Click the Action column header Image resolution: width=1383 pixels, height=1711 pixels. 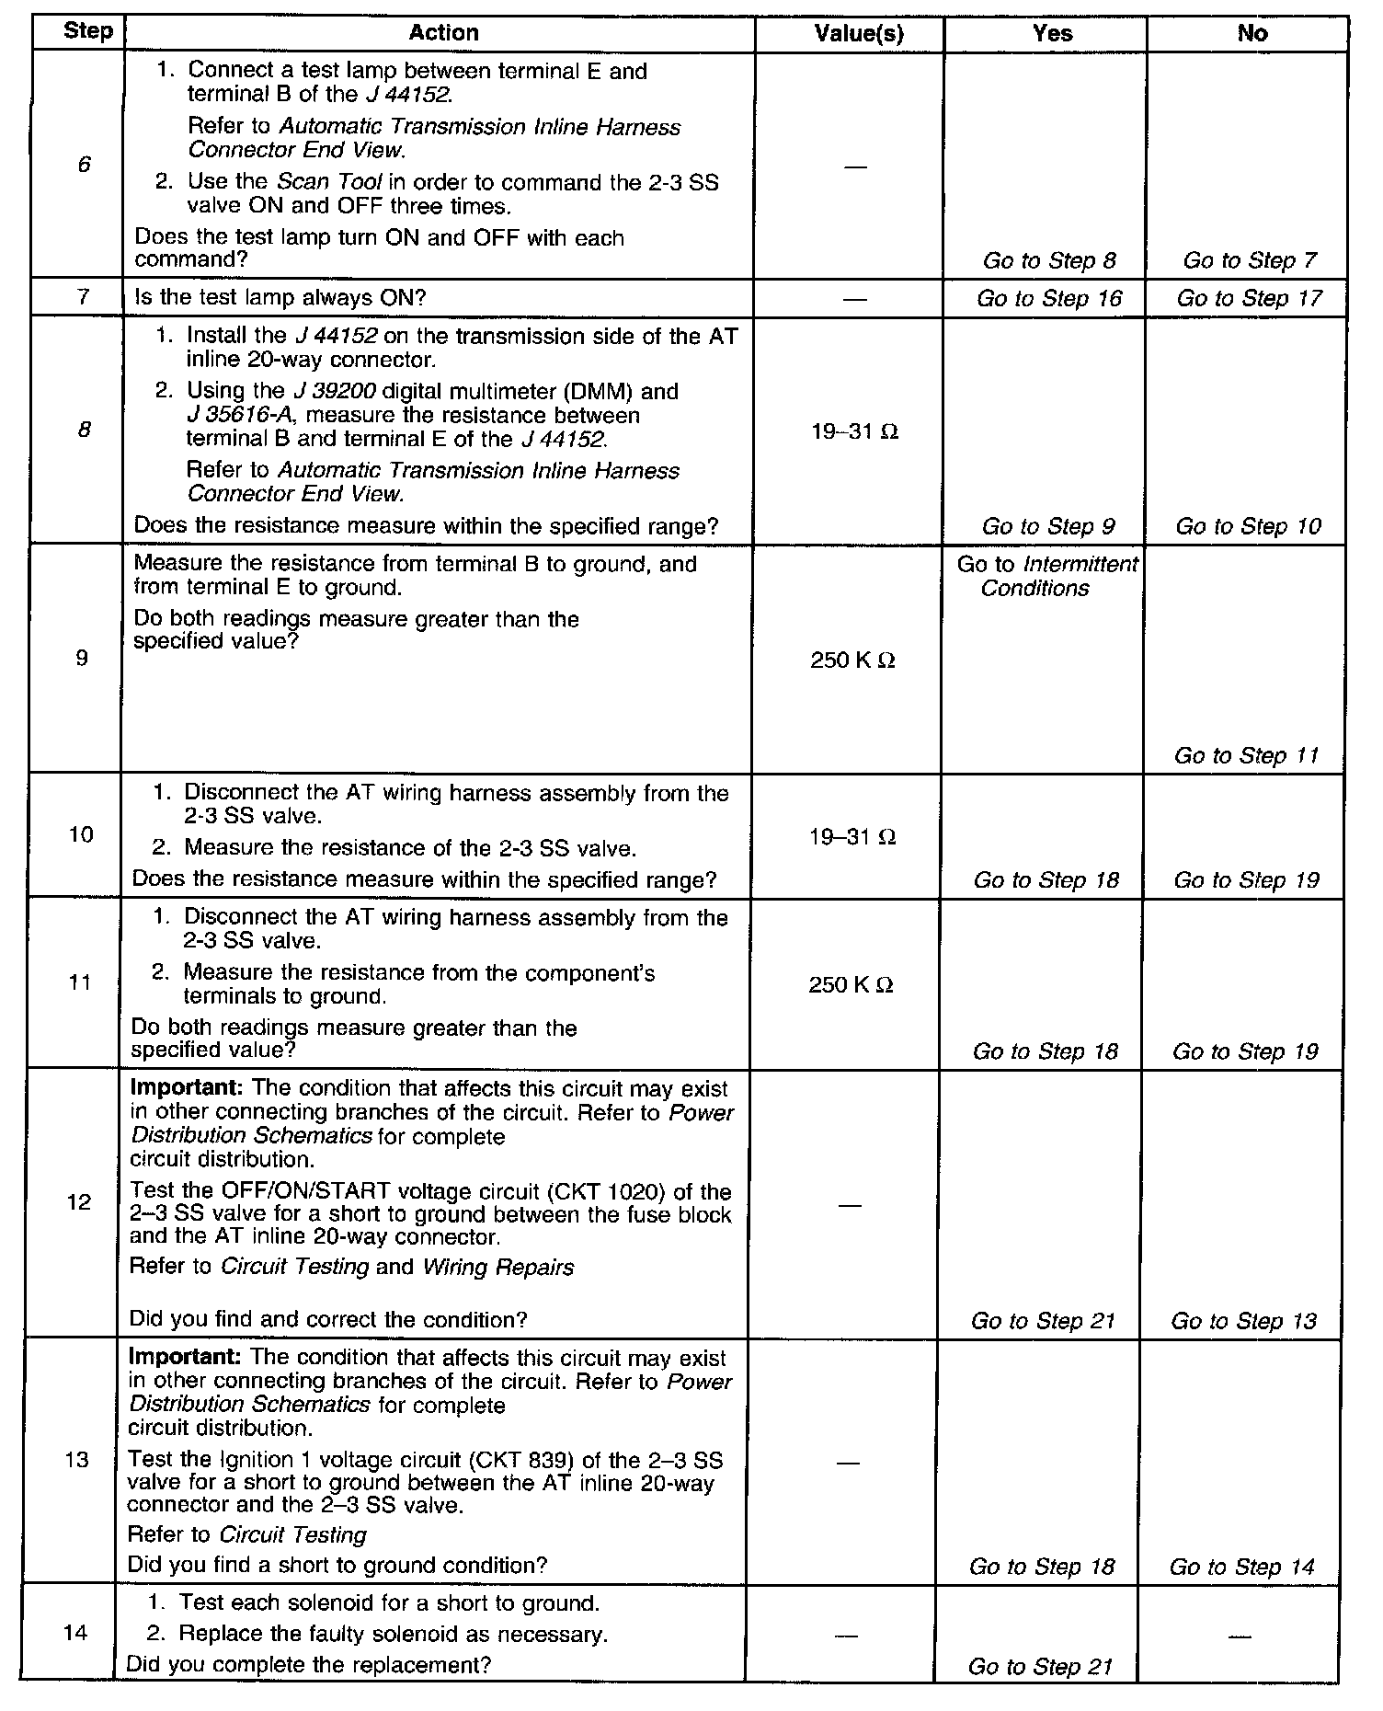443,33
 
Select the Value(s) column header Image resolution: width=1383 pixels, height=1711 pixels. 859,34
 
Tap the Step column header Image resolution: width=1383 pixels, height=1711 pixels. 87,31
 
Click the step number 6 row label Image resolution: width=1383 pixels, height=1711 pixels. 84,166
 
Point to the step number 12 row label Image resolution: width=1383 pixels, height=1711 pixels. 80,1202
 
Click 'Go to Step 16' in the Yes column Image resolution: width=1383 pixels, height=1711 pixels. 1049,298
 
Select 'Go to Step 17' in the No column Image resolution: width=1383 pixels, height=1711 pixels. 1249,298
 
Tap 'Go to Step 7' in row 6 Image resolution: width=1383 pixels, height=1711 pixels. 1250,260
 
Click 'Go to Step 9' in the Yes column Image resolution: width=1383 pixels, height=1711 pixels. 1048,526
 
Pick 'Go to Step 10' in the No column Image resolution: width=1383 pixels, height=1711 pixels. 1248,526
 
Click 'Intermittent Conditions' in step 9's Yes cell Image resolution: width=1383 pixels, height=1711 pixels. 1047,577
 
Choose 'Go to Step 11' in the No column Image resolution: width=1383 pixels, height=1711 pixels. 1246,755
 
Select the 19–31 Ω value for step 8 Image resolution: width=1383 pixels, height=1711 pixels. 854,431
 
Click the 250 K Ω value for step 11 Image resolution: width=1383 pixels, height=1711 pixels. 851,985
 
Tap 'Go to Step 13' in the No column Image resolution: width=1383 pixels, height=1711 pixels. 1243,1321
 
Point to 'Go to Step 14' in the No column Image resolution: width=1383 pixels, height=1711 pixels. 1242,1567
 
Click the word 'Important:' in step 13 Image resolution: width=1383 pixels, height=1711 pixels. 185,1357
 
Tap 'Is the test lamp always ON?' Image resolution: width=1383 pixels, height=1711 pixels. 280,298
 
